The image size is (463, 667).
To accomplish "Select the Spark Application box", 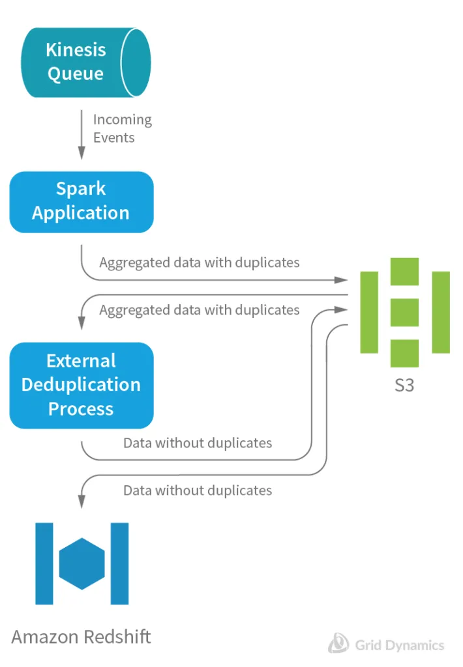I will tap(81, 201).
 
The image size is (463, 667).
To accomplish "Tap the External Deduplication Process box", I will tap(81, 385).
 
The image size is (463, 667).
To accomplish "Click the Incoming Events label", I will tap(122, 128).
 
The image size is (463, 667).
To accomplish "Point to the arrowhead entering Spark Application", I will tap(82, 153).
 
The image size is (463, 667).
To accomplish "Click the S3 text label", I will tap(404, 385).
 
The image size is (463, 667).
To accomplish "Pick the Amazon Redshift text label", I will tap(81, 636).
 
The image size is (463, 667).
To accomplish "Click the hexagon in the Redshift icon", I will tap(82, 564).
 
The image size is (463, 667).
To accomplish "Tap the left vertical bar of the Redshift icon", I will tap(44, 564).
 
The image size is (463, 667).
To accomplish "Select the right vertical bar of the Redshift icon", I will tap(119, 564).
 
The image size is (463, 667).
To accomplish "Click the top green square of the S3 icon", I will tap(404, 272).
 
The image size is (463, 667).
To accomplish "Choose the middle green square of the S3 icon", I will tap(404, 312).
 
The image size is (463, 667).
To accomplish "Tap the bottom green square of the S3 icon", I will tap(404, 353).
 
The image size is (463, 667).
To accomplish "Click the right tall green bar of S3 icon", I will tap(441, 312).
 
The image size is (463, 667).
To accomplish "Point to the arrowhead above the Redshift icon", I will tap(82, 503).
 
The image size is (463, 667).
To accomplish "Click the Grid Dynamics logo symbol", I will tap(338, 643).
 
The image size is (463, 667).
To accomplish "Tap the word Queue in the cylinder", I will tap(76, 74).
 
